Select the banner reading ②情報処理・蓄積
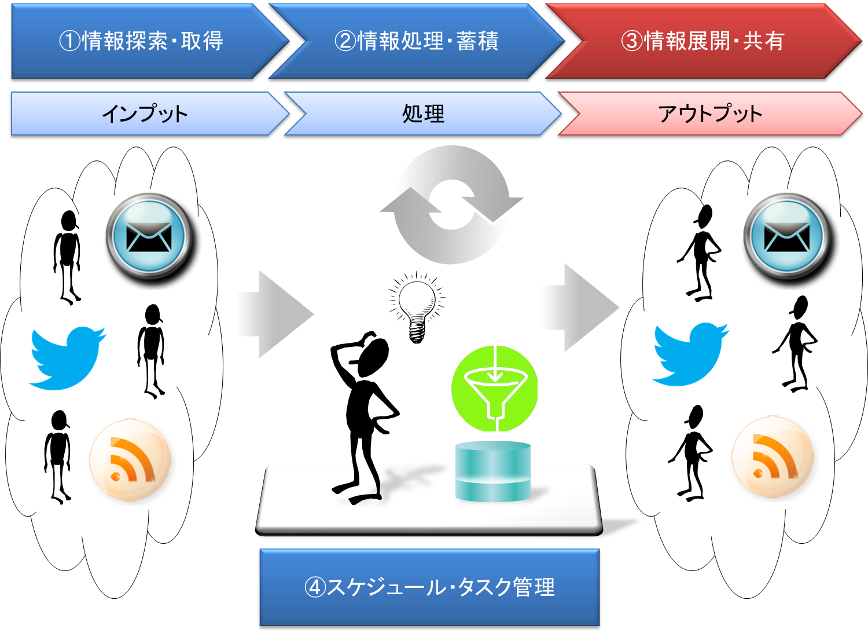point(417,41)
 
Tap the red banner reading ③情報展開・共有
point(703,41)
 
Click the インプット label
point(145,114)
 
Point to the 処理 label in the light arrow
point(423,114)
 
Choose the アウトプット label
point(710,114)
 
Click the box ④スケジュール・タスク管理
point(429,587)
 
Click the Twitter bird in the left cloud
point(67,357)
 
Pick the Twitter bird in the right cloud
point(690,354)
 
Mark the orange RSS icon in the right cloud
point(773,457)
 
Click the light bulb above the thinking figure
point(417,307)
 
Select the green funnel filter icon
point(494,389)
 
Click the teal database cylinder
point(493,471)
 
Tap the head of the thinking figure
point(373,357)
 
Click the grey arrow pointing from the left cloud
point(276,314)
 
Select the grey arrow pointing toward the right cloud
point(581,308)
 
